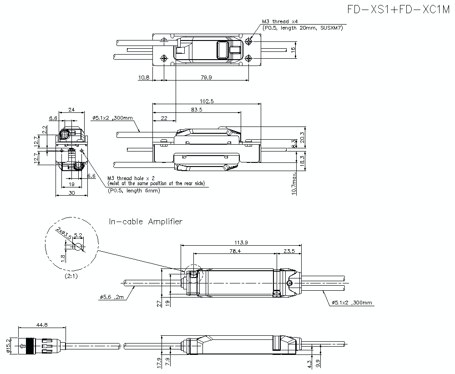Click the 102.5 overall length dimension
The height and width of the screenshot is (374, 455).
pyautogui.click(x=206, y=101)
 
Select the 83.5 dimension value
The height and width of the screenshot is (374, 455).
pyautogui.click(x=197, y=110)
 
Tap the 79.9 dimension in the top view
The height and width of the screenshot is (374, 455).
pyautogui.click(x=206, y=77)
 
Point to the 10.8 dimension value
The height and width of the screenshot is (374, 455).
pyautogui.click(x=143, y=77)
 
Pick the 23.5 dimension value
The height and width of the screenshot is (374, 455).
pyautogui.click(x=289, y=250)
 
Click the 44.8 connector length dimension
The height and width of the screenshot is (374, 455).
pyautogui.click(x=42, y=324)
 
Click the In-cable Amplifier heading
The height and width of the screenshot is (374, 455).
pyautogui.click(x=146, y=222)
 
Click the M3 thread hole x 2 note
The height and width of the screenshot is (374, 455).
pyautogui.click(x=131, y=178)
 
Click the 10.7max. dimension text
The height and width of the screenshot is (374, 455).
pyautogui.click(x=295, y=183)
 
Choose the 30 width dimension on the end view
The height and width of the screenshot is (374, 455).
pyautogui.click(x=71, y=193)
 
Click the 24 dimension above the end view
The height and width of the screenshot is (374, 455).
pyautogui.click(x=71, y=109)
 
